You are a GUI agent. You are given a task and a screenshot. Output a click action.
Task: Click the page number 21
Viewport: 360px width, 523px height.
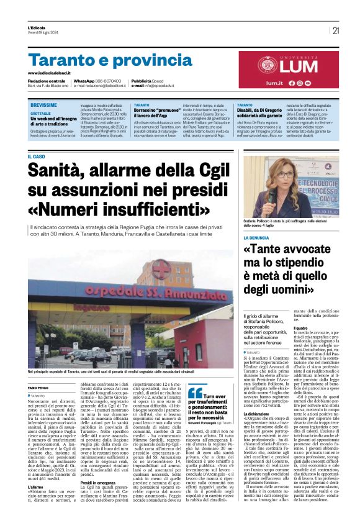click(x=336, y=30)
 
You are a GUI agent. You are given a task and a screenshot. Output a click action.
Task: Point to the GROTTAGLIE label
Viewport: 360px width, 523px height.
click(x=41, y=112)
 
